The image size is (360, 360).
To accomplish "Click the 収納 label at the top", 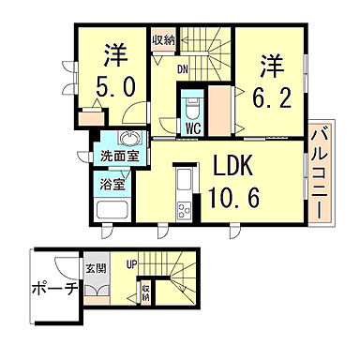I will (163, 40).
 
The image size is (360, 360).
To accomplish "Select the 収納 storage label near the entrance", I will (145, 291).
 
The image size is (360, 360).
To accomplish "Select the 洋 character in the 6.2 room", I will (273, 65).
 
